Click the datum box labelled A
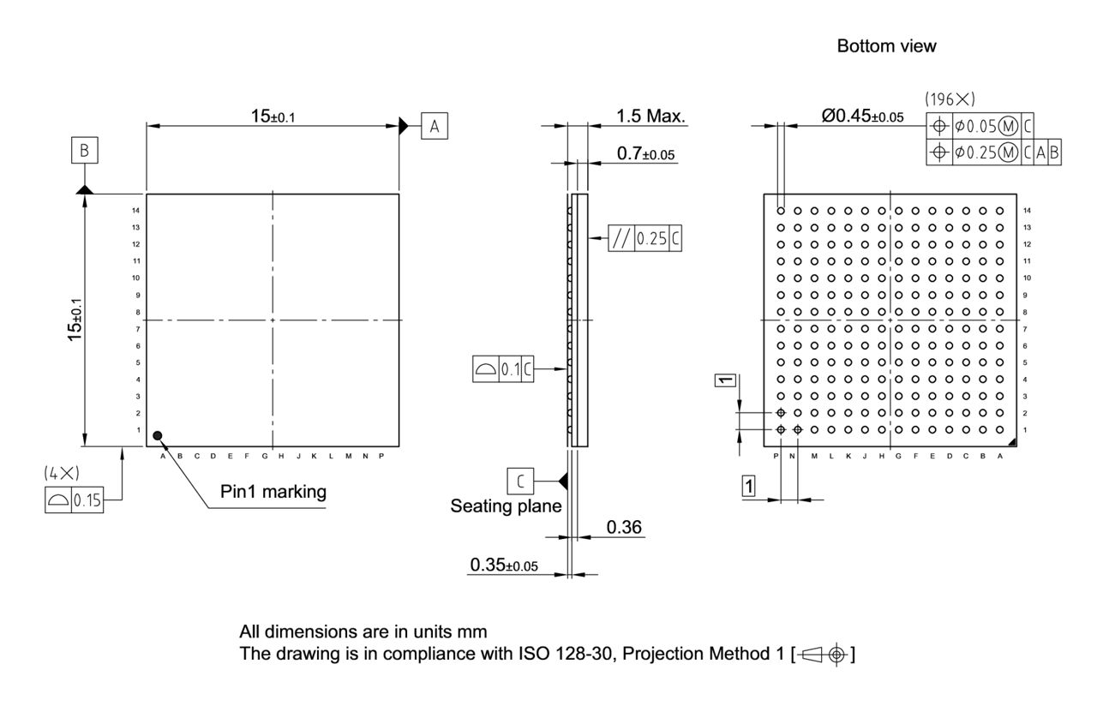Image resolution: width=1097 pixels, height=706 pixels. click(435, 127)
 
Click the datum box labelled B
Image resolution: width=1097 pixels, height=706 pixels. click(84, 152)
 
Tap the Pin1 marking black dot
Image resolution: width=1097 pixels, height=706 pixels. click(158, 436)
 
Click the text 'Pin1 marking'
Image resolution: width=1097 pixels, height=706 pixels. click(273, 493)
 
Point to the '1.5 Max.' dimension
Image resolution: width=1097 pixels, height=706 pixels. click(651, 117)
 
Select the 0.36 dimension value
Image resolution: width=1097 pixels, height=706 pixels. click(624, 527)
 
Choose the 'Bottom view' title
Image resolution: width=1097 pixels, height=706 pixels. click(887, 47)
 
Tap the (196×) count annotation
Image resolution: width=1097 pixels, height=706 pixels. click(950, 99)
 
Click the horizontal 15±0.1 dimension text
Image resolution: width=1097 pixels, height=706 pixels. click(273, 117)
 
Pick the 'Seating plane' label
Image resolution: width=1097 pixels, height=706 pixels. click(506, 506)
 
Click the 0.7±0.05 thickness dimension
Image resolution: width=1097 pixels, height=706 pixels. click(645, 153)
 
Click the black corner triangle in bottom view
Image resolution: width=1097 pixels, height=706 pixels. click(1012, 442)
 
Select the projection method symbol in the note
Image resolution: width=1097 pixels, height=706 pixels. click(825, 655)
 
